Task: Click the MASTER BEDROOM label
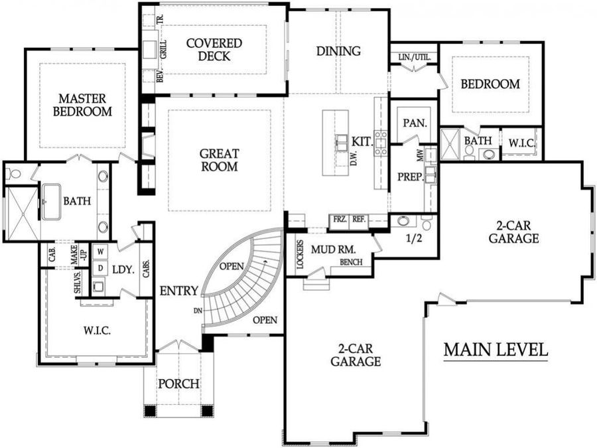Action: click(82, 105)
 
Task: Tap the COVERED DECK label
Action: click(214, 50)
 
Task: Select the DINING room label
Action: click(338, 51)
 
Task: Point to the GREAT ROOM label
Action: click(219, 160)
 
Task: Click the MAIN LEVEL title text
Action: click(496, 349)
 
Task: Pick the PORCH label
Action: click(178, 384)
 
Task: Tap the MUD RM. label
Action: click(334, 250)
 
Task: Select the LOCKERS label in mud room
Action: click(300, 254)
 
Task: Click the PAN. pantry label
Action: click(415, 123)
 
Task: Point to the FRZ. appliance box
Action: click(338, 218)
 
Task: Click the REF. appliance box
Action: click(358, 218)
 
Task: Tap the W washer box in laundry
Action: click(101, 252)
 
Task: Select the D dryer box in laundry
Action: click(101, 268)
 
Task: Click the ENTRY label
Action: click(178, 290)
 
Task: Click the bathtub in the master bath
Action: click(53, 200)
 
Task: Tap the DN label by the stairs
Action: click(197, 311)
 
